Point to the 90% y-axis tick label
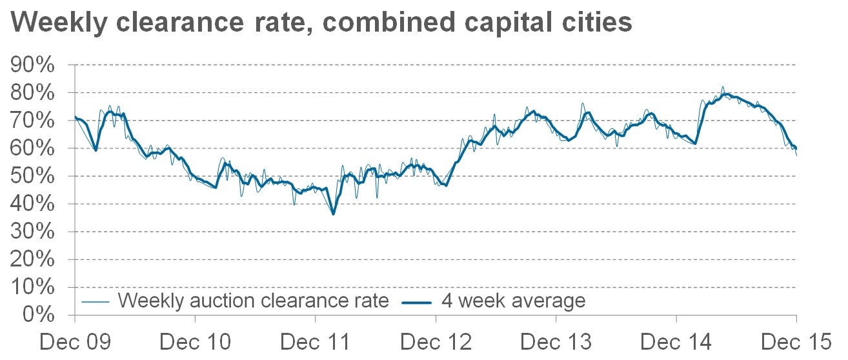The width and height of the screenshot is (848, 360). (32, 65)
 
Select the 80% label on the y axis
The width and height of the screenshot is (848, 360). (32, 92)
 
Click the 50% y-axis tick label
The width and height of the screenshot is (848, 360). (32, 176)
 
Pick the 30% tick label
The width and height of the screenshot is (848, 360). (32, 232)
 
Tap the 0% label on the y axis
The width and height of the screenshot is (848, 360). (39, 315)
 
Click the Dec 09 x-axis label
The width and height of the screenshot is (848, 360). (76, 342)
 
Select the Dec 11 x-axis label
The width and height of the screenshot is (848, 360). (315, 342)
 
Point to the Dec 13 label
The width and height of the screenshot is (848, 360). (556, 342)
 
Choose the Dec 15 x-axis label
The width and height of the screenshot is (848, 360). (796, 342)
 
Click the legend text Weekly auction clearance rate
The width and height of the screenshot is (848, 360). (253, 301)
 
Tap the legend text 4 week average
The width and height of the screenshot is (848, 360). (513, 301)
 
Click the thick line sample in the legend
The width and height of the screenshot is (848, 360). (416, 303)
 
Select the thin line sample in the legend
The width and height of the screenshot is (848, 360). (95, 302)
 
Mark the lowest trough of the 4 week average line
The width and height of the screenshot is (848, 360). (333, 214)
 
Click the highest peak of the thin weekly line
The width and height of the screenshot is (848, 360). (722, 87)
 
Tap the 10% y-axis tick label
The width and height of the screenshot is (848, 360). (32, 287)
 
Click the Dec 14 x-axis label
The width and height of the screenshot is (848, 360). (676, 342)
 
